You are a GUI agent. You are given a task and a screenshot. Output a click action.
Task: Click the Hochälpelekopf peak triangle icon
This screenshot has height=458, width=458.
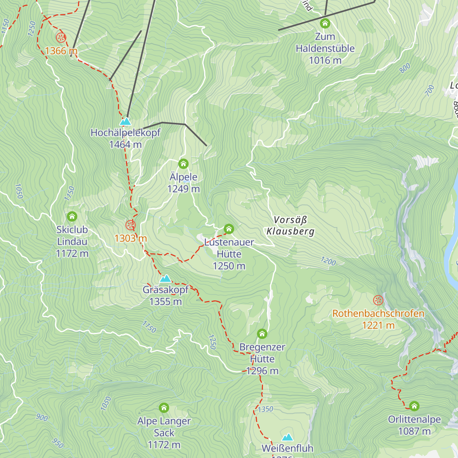[125, 122]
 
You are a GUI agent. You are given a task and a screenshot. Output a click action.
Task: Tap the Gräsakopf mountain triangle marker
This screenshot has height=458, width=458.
[165, 279]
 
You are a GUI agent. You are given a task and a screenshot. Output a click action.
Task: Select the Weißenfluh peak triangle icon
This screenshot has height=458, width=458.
[287, 437]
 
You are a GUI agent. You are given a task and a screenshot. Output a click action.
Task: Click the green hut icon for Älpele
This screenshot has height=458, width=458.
[184, 164]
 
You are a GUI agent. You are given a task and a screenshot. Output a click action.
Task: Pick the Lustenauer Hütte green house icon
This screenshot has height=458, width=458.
[229, 229]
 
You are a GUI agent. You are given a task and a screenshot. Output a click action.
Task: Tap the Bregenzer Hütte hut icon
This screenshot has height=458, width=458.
[262, 334]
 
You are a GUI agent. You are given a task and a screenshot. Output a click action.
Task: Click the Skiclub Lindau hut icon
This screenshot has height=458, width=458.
[72, 217]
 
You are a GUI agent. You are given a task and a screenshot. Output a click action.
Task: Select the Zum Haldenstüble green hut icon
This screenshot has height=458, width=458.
[325, 24]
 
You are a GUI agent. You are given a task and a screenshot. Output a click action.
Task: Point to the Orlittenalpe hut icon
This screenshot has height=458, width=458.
[414, 406]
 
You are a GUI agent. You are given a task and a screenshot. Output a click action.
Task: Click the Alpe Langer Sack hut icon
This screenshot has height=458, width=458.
[164, 408]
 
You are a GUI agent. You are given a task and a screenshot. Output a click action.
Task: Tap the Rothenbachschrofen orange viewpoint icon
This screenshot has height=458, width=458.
[378, 300]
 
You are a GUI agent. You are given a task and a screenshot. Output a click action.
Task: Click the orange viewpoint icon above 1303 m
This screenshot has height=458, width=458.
[131, 225]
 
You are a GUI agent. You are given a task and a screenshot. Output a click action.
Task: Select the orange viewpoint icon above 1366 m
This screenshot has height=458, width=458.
[61, 38]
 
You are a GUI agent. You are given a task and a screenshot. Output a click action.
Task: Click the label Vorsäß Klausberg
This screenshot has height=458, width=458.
[290, 226]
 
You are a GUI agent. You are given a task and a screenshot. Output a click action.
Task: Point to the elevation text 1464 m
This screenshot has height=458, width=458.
[125, 145]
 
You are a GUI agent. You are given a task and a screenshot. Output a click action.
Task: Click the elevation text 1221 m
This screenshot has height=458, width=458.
[378, 326]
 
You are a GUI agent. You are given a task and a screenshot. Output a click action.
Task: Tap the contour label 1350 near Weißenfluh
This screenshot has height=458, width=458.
[266, 409]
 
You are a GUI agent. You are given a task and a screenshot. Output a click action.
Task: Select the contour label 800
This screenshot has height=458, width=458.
[405, 68]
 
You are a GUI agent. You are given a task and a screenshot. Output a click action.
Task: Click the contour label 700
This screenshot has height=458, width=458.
[430, 90]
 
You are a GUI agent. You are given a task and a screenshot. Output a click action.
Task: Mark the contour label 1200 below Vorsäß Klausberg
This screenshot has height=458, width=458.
[328, 261]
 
